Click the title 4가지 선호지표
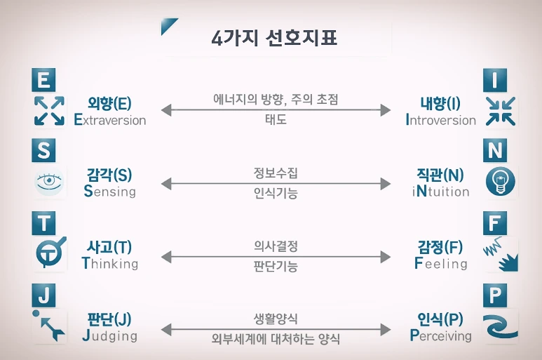274,36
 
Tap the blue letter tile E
43,80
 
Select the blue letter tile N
496,151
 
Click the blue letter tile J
43,295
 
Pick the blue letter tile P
496,295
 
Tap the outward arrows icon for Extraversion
49,112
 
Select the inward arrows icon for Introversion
501,112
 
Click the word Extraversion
110,120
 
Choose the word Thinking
110,264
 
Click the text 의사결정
275,246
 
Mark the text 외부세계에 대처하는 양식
275,340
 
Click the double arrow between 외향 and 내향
276,110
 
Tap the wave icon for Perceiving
501,327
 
